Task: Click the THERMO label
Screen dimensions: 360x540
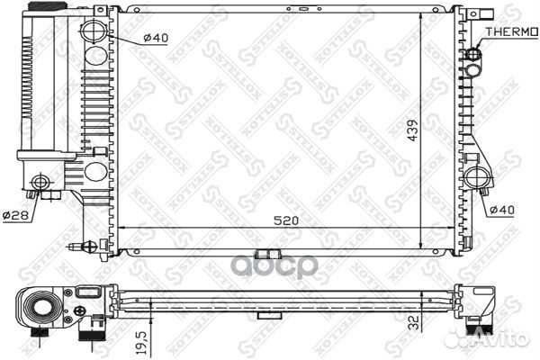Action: pos(511,31)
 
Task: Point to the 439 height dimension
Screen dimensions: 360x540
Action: pos(412,130)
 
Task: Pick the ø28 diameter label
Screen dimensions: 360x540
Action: pos(15,216)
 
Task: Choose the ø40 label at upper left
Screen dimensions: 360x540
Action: pos(156,38)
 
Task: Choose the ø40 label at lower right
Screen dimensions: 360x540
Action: pos(502,210)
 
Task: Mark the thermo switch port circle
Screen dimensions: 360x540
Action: pos(473,55)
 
